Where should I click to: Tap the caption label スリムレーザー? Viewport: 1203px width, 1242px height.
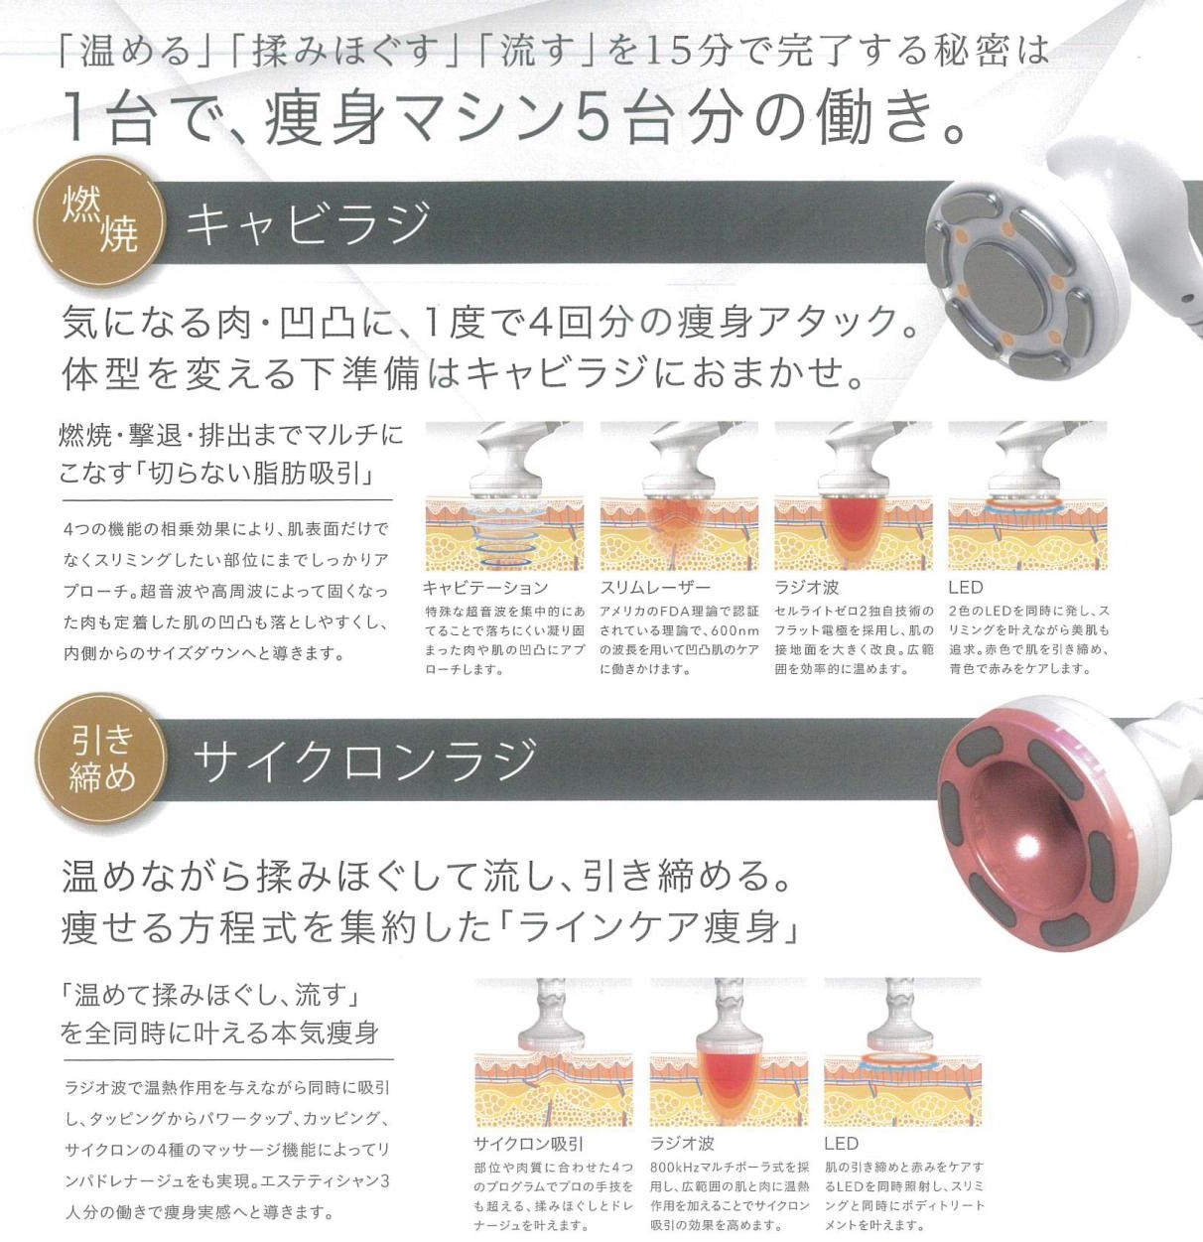655,588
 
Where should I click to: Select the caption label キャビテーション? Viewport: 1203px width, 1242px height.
486,588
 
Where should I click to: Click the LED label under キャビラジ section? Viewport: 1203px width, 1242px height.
966,588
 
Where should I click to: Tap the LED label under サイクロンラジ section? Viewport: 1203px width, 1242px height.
842,1144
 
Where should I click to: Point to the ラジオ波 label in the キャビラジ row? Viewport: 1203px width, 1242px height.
806,588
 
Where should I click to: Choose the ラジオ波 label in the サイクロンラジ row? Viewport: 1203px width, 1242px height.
682,1144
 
